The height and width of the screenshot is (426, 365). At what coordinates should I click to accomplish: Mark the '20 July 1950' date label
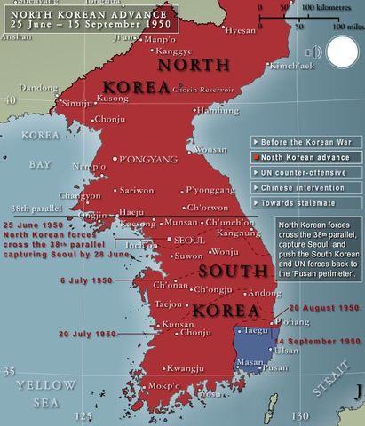[x=87, y=334]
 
